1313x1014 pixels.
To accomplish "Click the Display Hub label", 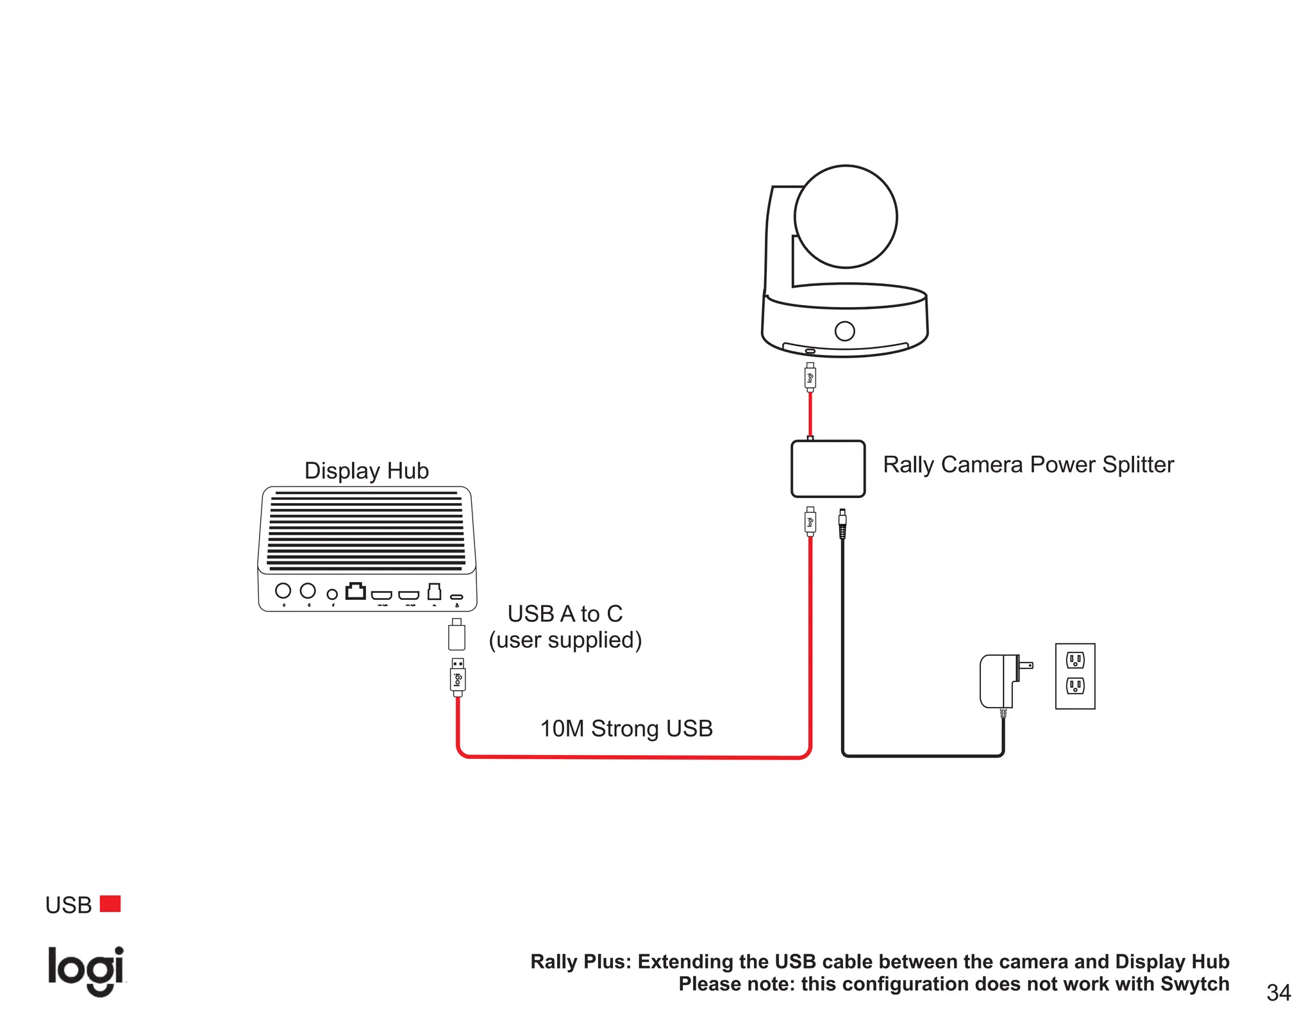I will [x=366, y=470].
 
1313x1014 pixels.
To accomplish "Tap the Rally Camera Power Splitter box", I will [x=828, y=469].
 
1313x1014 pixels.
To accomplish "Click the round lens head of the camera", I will [x=846, y=217].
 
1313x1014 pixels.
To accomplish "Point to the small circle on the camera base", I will [x=845, y=331].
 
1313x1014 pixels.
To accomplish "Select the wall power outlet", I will [x=1075, y=676].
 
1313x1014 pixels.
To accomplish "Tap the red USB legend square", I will [x=110, y=904].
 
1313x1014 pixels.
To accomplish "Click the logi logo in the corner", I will [x=86, y=970].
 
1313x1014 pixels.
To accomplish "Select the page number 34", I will [x=1278, y=992].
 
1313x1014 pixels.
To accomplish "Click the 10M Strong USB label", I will [x=626, y=729].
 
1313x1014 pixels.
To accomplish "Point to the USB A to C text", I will [x=565, y=614].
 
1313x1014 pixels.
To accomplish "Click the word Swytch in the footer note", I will [x=1194, y=984].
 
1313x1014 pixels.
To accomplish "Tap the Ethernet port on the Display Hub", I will [x=356, y=591].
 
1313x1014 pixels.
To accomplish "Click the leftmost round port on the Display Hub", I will [x=283, y=590].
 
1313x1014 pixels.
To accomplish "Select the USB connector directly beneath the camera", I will [x=810, y=377].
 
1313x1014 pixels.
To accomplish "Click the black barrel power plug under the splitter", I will [x=842, y=524].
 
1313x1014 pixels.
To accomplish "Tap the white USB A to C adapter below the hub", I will [x=456, y=636].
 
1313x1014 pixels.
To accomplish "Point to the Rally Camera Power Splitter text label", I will [x=1028, y=465].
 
